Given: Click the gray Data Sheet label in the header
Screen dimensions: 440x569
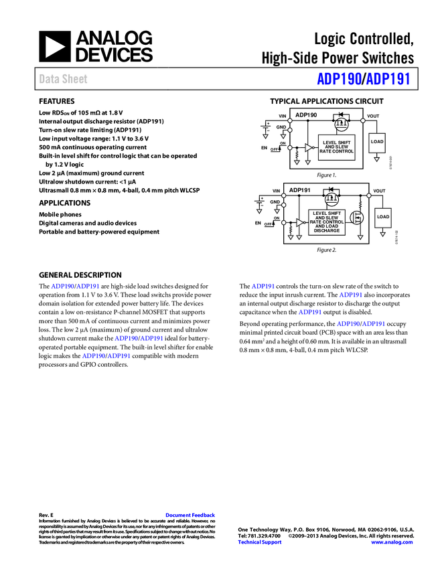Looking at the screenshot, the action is [x=64, y=79].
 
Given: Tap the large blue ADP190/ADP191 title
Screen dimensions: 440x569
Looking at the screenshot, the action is [x=363, y=79].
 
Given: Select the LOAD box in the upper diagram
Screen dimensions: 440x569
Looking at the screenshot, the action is [x=377, y=142].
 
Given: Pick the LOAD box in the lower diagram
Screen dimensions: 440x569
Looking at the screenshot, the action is [x=382, y=217].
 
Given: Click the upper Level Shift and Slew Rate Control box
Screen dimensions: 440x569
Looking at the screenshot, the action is [x=336, y=147].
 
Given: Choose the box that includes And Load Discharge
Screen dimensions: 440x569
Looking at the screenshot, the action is [x=327, y=222].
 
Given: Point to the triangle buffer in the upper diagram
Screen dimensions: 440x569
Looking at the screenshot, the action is [x=308, y=147].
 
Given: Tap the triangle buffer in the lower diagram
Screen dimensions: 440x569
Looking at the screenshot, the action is [x=300, y=222].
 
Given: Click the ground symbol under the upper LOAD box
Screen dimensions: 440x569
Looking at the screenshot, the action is [x=376, y=160].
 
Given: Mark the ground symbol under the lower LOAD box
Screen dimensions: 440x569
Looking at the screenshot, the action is [x=382, y=234].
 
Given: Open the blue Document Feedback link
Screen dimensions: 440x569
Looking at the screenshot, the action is [x=191, y=515].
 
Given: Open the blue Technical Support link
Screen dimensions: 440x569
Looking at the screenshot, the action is [x=260, y=542].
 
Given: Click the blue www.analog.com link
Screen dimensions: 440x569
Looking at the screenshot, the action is [x=392, y=542].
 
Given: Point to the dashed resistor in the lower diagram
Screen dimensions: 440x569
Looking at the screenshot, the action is [x=360, y=205].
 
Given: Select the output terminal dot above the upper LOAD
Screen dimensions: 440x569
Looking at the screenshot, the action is [x=363, y=120].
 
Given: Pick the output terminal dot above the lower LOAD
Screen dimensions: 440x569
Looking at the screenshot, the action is [x=368, y=195].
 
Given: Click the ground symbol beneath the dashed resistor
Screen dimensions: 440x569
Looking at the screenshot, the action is [x=360, y=237].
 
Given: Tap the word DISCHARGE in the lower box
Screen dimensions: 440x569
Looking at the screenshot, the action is [x=327, y=231].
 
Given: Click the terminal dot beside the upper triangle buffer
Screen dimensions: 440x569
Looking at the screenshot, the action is [x=290, y=147].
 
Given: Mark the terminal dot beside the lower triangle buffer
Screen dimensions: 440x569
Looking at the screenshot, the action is [x=283, y=222].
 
